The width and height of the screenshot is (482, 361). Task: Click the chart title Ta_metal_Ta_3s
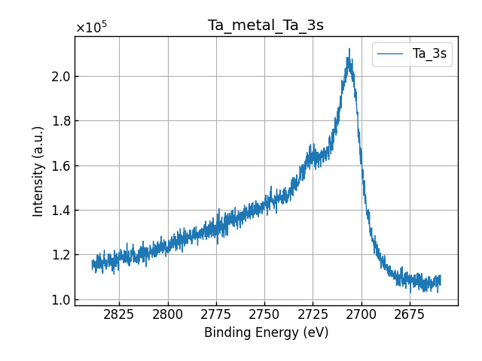point(266,26)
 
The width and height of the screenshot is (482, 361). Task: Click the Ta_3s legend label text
point(429,54)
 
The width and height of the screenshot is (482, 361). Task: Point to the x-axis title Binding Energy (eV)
point(266,332)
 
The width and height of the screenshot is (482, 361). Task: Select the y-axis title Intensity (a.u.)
point(39,171)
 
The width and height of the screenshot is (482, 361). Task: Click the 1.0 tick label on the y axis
point(61,300)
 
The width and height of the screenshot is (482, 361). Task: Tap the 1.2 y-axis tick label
point(61,255)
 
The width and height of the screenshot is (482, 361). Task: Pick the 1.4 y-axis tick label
point(61,211)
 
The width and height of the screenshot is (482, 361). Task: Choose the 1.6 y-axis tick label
point(61,165)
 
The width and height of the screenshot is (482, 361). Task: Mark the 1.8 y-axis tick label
point(61,121)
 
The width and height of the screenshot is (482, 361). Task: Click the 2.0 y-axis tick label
point(61,77)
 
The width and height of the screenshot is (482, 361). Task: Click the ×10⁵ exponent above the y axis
point(91,28)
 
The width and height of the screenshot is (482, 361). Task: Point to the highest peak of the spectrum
point(349,50)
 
